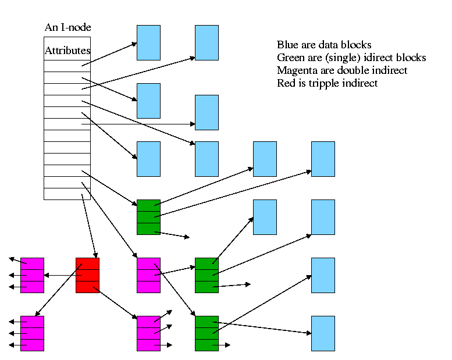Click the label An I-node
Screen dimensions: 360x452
[67, 27]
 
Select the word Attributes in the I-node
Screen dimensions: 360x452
[67, 51]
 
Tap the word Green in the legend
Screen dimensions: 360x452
[290, 58]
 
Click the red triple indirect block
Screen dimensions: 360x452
[87, 275]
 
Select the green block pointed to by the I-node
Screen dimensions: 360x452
[148, 217]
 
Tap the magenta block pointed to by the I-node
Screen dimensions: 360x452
[148, 275]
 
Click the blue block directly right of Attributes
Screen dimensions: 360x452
[148, 42]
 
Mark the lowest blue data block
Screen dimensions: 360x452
[323, 333]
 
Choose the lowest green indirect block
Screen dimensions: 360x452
[207, 333]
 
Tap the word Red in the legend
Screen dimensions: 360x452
[286, 83]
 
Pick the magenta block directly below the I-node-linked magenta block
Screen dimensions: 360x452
[148, 333]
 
